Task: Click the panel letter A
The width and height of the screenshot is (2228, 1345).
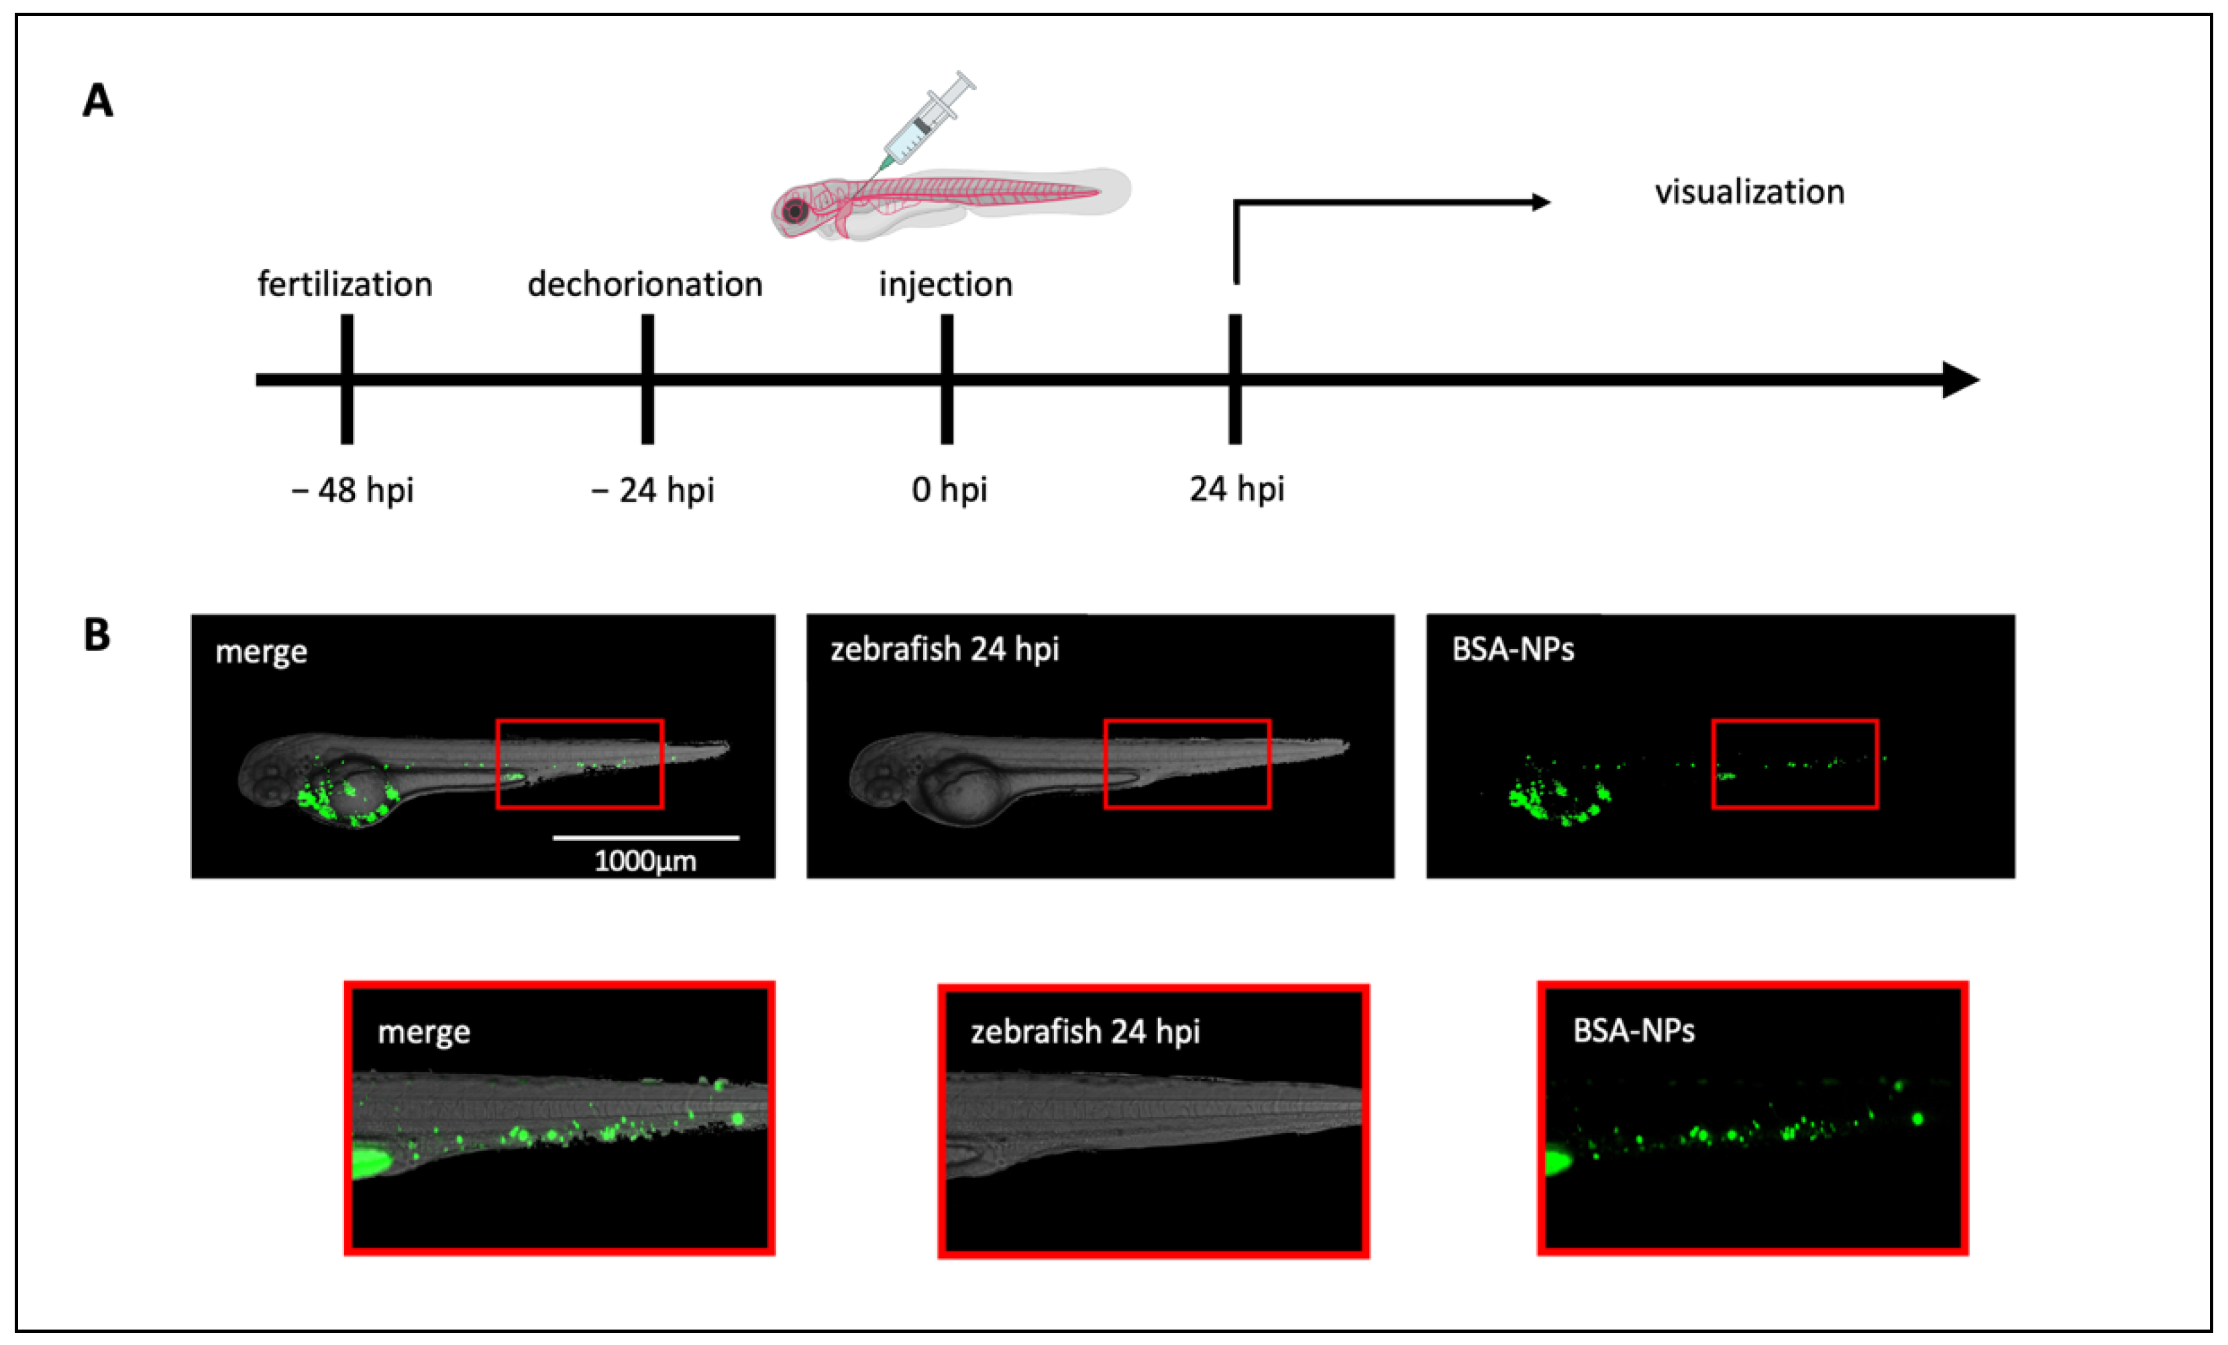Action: tap(98, 101)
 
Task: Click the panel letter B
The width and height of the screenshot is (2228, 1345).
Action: tap(97, 635)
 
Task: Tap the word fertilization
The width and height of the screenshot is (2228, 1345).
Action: tap(345, 284)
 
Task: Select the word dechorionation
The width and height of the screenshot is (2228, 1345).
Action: tap(645, 284)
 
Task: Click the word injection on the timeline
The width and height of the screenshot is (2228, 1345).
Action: tap(946, 284)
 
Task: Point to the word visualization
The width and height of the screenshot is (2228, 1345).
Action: tap(1749, 192)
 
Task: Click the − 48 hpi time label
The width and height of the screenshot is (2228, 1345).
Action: tap(353, 490)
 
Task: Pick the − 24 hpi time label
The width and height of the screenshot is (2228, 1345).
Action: tap(653, 490)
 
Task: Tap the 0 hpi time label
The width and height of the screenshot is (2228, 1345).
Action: tap(949, 489)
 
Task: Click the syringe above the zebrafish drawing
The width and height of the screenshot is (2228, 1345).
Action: tap(927, 121)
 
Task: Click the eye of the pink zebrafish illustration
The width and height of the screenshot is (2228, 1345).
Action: tap(796, 211)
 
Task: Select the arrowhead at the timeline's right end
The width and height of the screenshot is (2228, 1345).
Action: tap(1960, 379)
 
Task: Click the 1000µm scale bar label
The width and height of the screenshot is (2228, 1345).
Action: tap(645, 861)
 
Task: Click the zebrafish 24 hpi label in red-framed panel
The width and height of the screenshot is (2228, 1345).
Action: tap(1085, 1031)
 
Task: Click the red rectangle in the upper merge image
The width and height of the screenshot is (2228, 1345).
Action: tap(580, 721)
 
